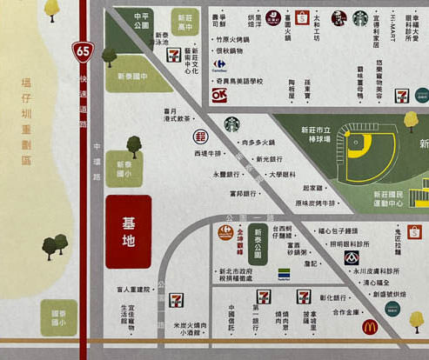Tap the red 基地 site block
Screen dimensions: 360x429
point(128,231)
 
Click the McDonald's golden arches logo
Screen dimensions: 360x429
point(369,327)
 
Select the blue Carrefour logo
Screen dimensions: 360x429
point(219,64)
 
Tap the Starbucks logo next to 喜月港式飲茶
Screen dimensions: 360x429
point(231,124)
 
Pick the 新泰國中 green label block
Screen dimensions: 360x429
point(133,76)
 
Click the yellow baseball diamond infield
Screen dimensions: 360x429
point(359,155)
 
